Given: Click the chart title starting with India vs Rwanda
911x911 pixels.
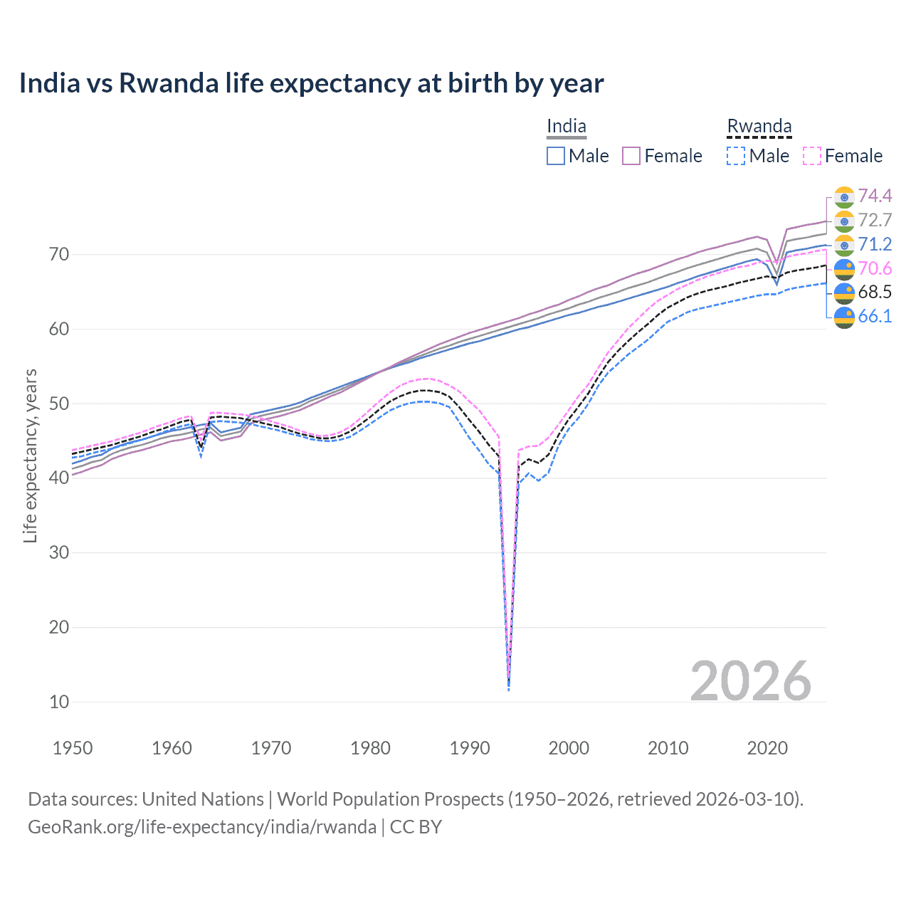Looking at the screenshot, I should pyautogui.click(x=311, y=83).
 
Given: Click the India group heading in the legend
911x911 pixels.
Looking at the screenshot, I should pyautogui.click(x=567, y=127).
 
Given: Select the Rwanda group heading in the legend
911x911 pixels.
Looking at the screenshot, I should pyautogui.click(x=759, y=127).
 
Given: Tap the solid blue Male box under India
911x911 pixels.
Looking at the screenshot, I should pyautogui.click(x=556, y=156).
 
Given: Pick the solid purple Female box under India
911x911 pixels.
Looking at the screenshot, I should pyautogui.click(x=631, y=156).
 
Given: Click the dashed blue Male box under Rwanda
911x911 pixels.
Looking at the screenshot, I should pyautogui.click(x=736, y=156).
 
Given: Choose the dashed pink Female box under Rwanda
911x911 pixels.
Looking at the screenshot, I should pyautogui.click(x=812, y=156).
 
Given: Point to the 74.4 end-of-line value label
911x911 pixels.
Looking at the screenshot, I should pyautogui.click(x=875, y=196).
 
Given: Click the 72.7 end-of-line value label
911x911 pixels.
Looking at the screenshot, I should pyautogui.click(x=875, y=220).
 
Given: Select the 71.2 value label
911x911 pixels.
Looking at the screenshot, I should pyautogui.click(x=875, y=244).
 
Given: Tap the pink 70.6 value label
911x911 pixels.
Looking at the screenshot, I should pyautogui.click(x=875, y=268).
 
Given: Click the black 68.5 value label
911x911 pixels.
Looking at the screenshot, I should pyautogui.click(x=875, y=292).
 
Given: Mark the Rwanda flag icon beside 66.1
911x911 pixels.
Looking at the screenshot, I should pyautogui.click(x=844, y=317).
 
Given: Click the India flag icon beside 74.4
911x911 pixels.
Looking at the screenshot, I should pyautogui.click(x=844, y=196).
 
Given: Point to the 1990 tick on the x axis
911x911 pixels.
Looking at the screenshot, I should pyautogui.click(x=470, y=748).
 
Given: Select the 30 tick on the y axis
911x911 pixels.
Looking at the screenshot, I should pyautogui.click(x=59, y=553).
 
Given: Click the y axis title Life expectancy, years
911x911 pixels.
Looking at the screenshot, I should pyautogui.click(x=30, y=455).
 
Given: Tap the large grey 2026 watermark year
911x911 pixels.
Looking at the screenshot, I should pyautogui.click(x=750, y=681).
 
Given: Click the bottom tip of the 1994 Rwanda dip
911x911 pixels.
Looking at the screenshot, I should pyautogui.click(x=508, y=689).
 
